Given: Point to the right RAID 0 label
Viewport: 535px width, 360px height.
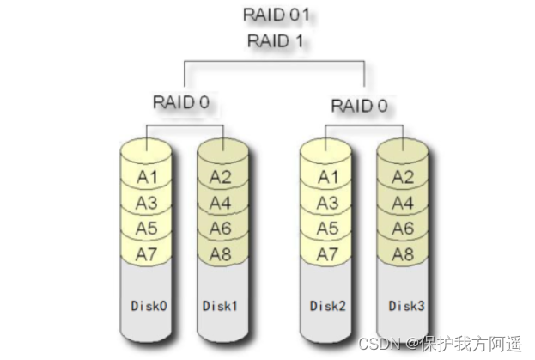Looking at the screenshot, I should tap(359, 107).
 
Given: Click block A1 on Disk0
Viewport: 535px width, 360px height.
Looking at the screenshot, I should tap(147, 178).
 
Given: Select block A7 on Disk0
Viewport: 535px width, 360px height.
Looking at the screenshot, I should tap(147, 253).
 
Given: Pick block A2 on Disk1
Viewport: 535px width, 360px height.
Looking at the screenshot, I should tap(222, 178).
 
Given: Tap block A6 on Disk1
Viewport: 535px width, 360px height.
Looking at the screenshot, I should tap(222, 229).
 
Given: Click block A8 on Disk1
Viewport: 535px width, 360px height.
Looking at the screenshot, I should tap(222, 254).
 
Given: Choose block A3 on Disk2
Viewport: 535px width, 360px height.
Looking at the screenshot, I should tap(327, 204).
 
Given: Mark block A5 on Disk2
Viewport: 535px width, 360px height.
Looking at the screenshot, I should tap(327, 229).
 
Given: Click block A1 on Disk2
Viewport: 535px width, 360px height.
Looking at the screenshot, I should tap(327, 178).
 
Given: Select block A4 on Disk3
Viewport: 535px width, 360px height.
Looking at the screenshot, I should tap(403, 204).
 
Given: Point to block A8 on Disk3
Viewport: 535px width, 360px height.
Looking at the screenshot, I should tap(403, 254).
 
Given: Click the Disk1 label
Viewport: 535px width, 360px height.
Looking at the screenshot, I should tap(222, 305).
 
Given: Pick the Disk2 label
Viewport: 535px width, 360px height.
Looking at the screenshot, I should tap(327, 306).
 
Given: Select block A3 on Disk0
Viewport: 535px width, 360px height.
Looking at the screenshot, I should tap(147, 204).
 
